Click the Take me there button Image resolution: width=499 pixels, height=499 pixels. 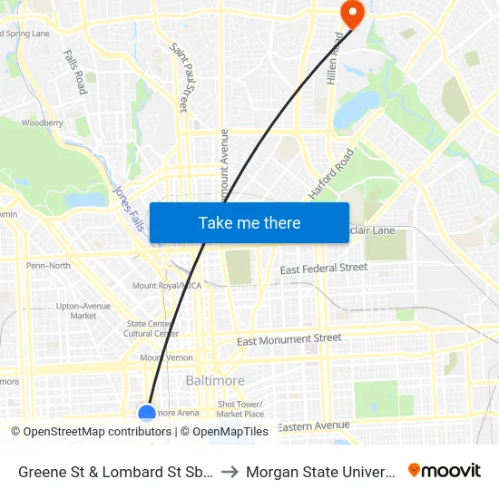249,222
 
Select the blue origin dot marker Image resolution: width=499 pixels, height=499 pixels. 147,413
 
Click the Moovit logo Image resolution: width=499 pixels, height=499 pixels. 445,470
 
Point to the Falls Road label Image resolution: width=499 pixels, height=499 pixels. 75,72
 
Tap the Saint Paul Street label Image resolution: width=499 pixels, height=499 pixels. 184,70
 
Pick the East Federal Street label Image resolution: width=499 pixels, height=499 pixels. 324,269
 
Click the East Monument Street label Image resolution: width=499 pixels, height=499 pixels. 289,339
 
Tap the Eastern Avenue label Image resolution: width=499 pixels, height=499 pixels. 313,426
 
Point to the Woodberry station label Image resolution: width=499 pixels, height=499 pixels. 42,122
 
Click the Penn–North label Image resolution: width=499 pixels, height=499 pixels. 48,266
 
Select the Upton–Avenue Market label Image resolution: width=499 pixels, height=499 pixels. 83,310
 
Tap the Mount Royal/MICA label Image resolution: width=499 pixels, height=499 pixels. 166,286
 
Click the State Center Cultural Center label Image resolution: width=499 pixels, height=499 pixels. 152,328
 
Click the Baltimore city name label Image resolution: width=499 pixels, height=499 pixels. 215,380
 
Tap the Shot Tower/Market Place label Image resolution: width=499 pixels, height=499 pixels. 240,409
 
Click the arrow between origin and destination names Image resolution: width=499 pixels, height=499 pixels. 230,471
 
